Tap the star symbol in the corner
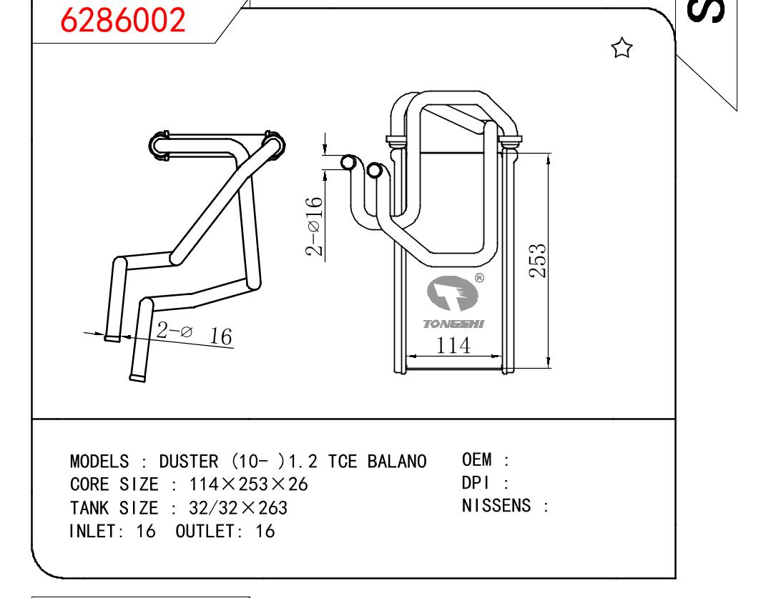click(622, 49)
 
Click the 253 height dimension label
click(539, 261)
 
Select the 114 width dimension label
click(453, 345)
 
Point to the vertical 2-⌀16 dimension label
click(314, 226)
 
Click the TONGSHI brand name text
click(453, 324)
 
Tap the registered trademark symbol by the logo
click(479, 279)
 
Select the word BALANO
click(397, 462)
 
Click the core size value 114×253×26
click(248, 484)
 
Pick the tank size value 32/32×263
click(238, 508)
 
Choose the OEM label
click(476, 459)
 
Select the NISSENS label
click(496, 506)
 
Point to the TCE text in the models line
click(342, 462)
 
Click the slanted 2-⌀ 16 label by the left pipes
click(195, 332)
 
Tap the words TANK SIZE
click(114, 508)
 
